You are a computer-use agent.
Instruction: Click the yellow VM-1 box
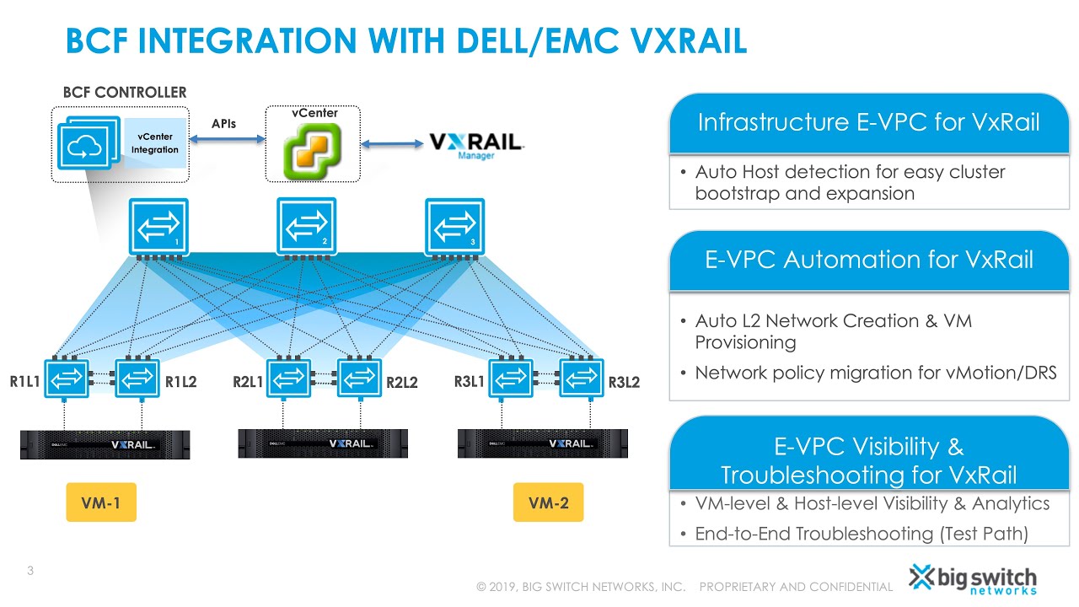[x=101, y=503]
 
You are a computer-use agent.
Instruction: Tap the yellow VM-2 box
[x=548, y=503]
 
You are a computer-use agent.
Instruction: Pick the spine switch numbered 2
[x=306, y=226]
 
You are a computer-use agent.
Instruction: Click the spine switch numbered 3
[x=454, y=226]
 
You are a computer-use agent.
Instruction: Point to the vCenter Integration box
[x=155, y=143]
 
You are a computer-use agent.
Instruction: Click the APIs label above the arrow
[x=223, y=124]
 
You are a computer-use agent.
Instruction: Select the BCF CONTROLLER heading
[x=125, y=92]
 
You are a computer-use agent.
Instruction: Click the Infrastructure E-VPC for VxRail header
[x=868, y=123]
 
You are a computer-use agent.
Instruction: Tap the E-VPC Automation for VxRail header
[x=868, y=260]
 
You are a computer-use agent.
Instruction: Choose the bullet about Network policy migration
[x=875, y=373]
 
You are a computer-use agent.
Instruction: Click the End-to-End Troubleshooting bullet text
[x=862, y=534]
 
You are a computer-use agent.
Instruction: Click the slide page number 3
[x=30, y=572]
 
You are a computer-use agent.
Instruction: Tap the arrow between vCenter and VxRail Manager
[x=393, y=144]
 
